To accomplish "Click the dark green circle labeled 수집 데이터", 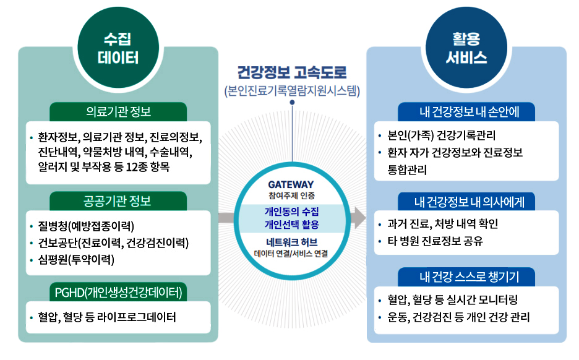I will [x=118, y=48].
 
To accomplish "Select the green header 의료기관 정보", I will [x=118, y=111].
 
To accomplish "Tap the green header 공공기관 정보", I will [x=118, y=201].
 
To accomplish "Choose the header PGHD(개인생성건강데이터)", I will [x=118, y=291].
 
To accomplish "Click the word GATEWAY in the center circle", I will [x=291, y=184].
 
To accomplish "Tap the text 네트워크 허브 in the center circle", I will [x=291, y=242].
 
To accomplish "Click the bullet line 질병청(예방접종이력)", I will [x=86, y=225].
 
